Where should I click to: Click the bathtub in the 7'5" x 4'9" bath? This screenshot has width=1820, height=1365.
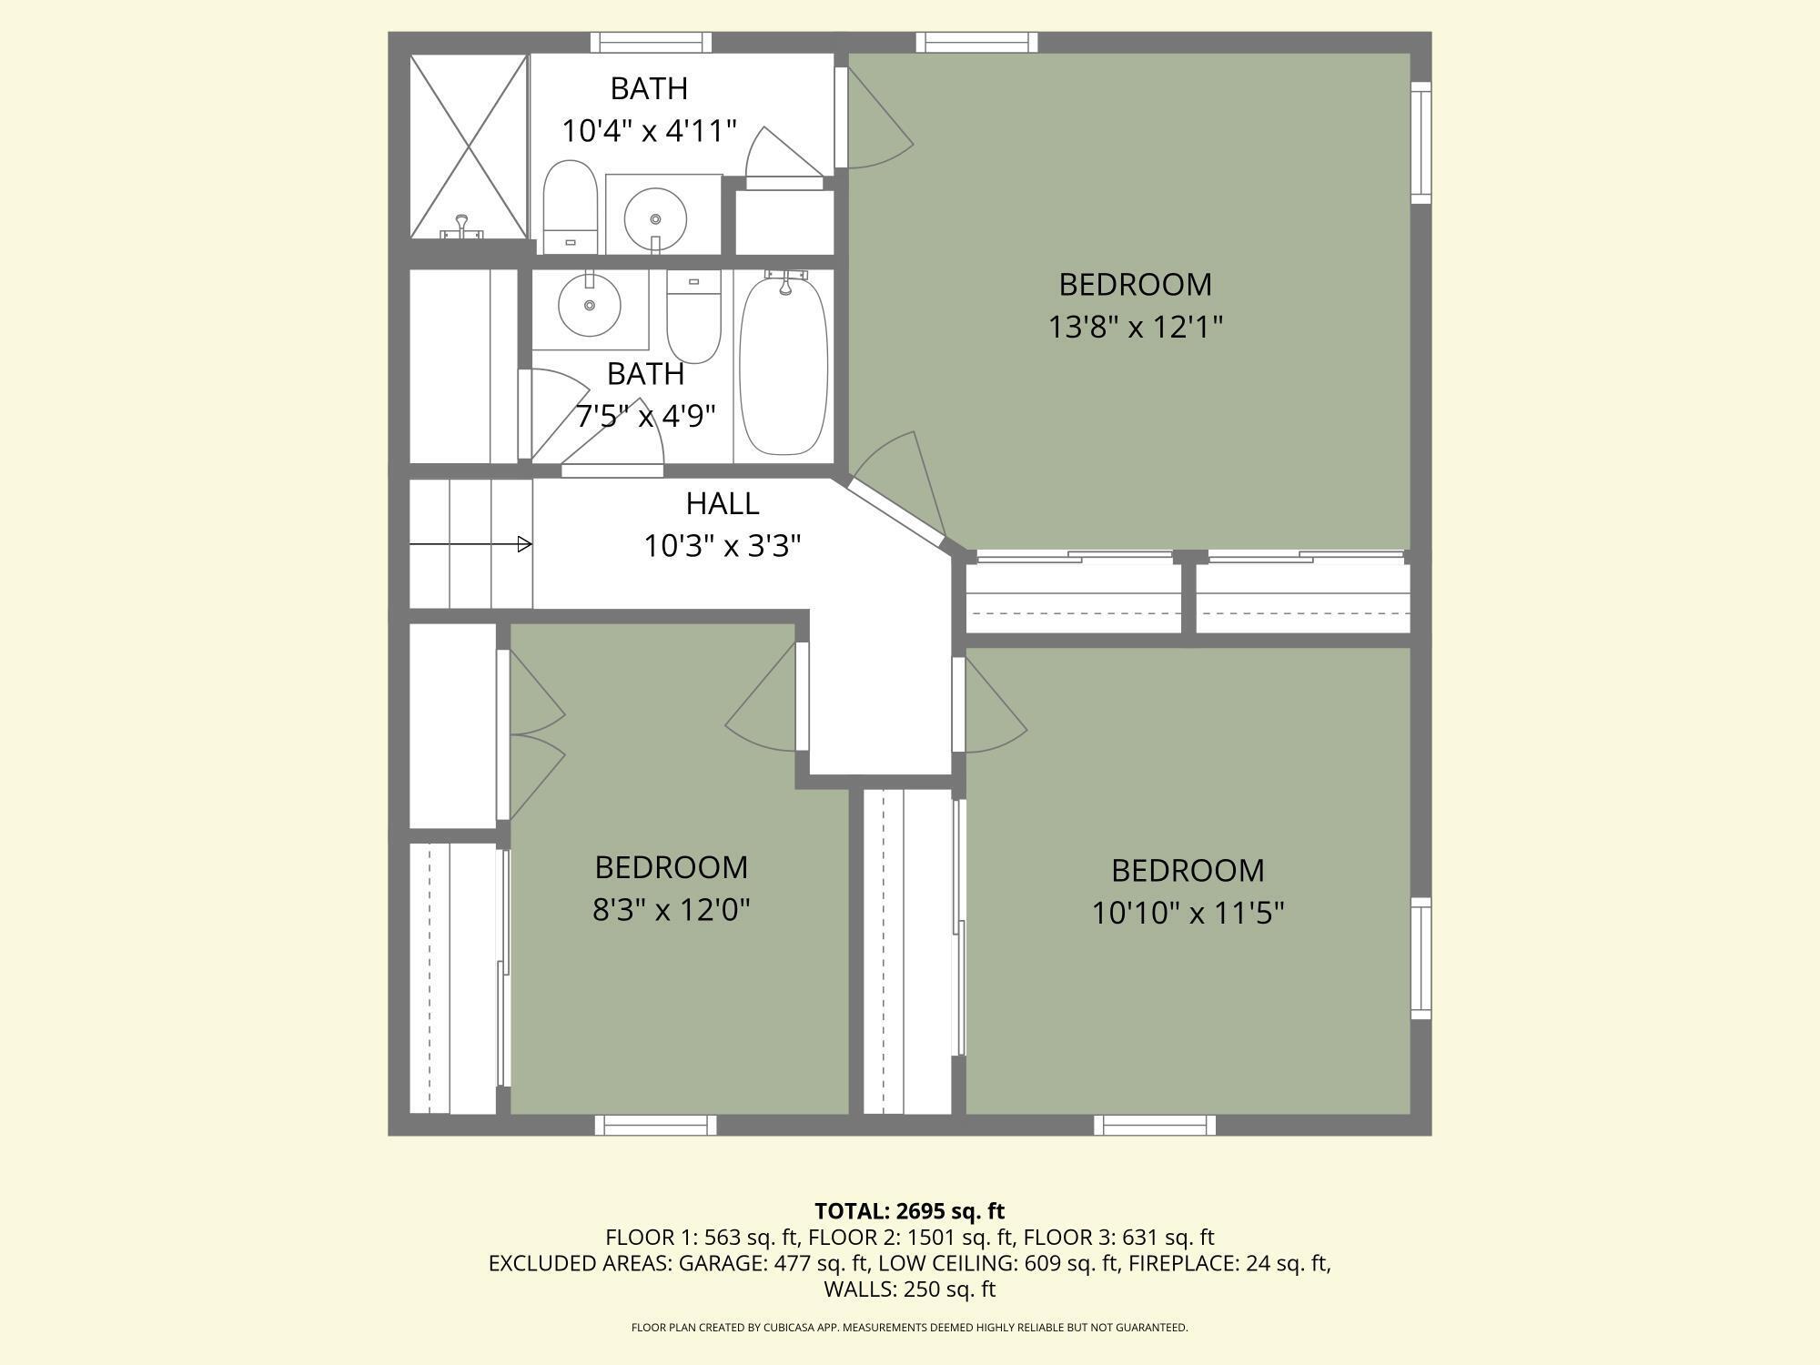tap(784, 364)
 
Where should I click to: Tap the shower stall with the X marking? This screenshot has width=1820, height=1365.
tap(469, 147)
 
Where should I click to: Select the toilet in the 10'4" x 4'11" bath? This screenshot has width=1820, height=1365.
tap(570, 207)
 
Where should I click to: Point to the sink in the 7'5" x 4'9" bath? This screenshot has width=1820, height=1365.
tap(590, 304)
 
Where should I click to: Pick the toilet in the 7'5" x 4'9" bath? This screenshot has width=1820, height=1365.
tap(693, 317)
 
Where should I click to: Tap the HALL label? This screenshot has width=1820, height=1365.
tap(723, 503)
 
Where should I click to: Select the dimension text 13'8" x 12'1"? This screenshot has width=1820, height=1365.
tap(1136, 327)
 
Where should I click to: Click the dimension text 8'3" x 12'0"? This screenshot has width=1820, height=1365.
tap(672, 909)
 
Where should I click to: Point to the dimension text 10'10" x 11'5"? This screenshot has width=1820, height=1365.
tap(1188, 913)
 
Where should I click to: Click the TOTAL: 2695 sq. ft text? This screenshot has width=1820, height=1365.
tap(910, 1211)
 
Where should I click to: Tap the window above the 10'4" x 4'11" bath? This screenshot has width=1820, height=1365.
tap(651, 42)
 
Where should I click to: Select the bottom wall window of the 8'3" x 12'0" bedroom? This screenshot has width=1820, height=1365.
tap(655, 1126)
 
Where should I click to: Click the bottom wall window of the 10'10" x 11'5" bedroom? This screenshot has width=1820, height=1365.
tap(1155, 1126)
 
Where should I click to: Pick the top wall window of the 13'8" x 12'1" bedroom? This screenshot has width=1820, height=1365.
tap(976, 42)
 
